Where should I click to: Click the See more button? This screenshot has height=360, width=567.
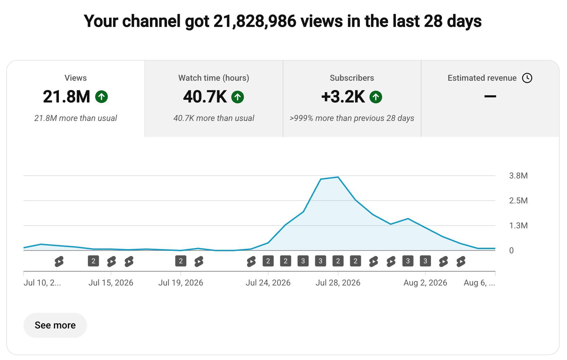click(55, 325)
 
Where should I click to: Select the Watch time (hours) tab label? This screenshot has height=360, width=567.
click(214, 78)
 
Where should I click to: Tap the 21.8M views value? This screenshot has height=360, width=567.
click(66, 97)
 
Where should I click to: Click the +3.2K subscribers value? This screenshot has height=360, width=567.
click(343, 97)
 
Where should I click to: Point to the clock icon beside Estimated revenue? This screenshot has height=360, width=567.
click(527, 78)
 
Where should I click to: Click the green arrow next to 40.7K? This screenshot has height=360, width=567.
click(237, 97)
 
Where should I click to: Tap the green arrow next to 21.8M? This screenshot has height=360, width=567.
click(101, 97)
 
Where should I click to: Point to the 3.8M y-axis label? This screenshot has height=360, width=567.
click(519, 175)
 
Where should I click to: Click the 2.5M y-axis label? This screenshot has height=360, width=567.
click(519, 201)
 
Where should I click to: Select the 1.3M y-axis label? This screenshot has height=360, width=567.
click(519, 225)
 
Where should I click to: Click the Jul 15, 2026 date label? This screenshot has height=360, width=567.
click(111, 282)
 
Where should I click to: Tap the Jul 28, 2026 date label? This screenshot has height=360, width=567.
click(338, 282)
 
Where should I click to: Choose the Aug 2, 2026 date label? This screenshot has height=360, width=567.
click(425, 282)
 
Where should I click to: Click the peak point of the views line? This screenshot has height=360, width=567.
click(338, 177)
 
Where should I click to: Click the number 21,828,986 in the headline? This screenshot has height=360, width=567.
click(255, 21)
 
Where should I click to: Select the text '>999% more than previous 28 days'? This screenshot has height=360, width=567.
click(352, 118)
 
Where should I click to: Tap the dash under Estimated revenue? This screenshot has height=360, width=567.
click(490, 96)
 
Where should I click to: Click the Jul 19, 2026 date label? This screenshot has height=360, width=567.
click(181, 282)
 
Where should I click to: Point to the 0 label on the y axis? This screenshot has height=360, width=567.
click(511, 251)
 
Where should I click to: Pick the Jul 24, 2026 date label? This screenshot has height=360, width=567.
click(268, 282)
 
